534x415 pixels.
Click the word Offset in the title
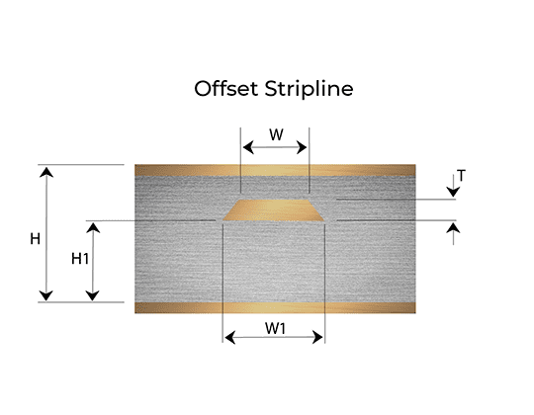pos(225,89)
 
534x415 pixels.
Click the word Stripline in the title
pos(309,89)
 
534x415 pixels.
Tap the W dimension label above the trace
pos(276,134)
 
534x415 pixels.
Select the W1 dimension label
pos(275,328)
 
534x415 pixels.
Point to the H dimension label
pos(35,239)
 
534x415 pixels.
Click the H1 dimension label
pos(80,259)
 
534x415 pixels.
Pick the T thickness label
pos(461,176)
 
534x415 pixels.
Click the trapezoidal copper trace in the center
pos(274,210)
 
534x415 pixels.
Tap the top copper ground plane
pos(275,170)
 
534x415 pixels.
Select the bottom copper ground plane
pos(275,307)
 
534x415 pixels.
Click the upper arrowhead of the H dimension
pos(46,172)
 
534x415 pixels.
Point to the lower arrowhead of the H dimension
pos(45,296)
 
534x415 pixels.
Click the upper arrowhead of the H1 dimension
pos(93,227)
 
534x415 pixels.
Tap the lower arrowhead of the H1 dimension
pos(93,296)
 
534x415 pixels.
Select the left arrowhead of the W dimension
pos(248,147)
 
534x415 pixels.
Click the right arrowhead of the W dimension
pos(302,147)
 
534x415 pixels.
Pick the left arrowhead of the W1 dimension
pos(230,338)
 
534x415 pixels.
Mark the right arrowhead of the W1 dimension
pos(317,337)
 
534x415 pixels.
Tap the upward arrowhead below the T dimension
pos(453,227)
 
